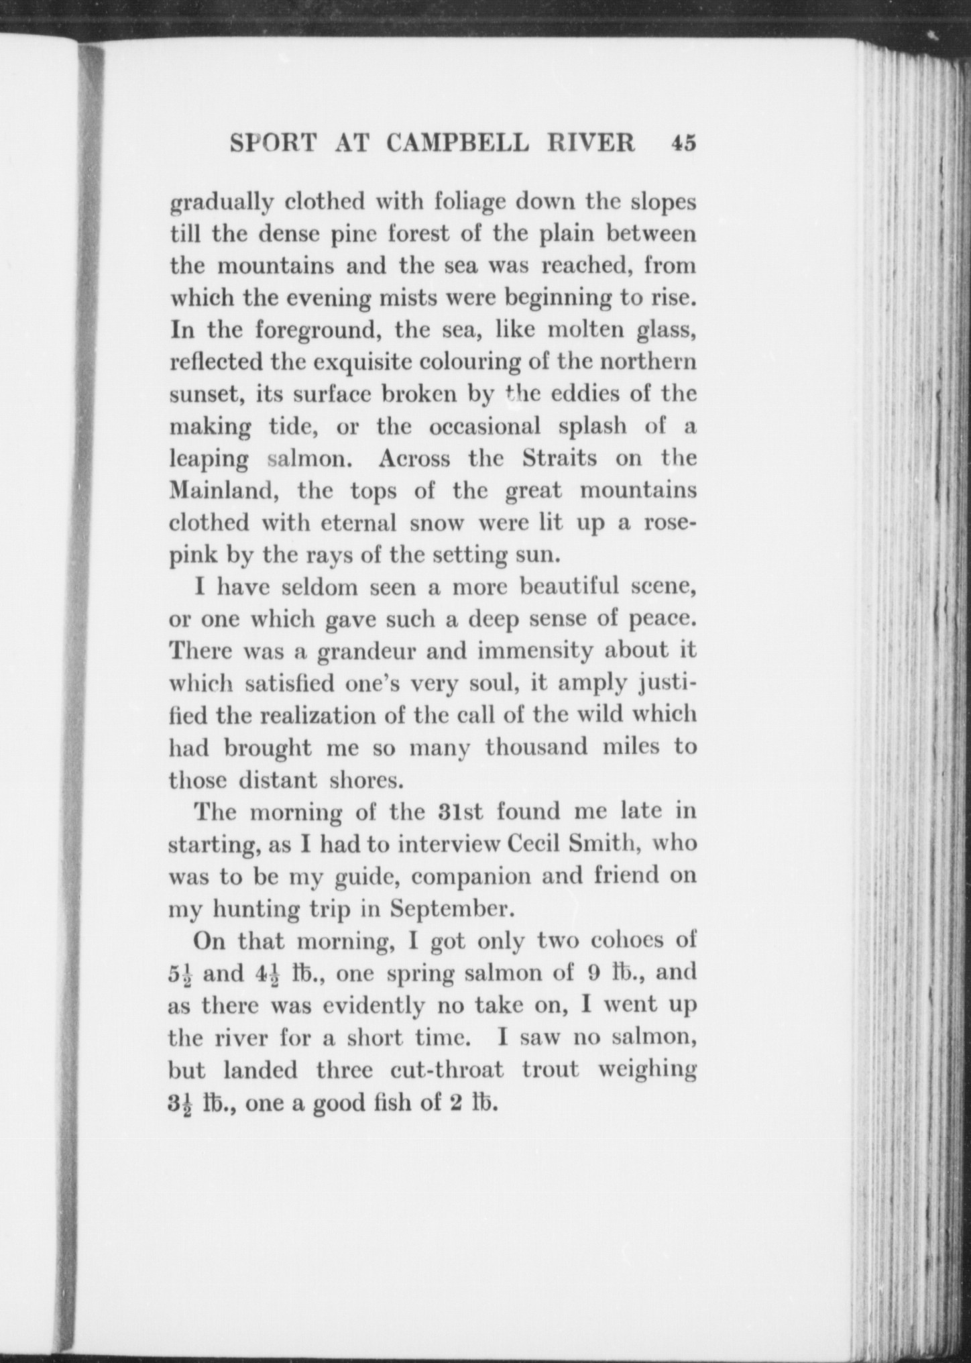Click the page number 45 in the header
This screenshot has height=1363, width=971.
(x=682, y=144)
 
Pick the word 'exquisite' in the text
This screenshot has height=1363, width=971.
(x=363, y=364)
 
